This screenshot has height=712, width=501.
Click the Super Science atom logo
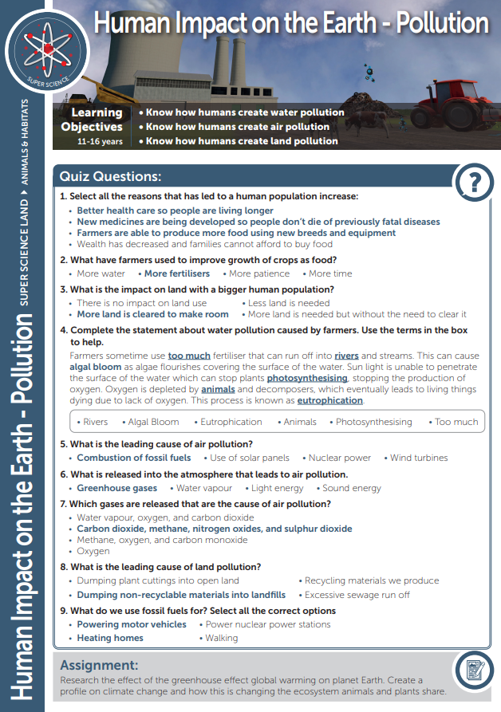[x=47, y=50]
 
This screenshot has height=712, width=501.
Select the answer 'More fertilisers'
[x=176, y=273]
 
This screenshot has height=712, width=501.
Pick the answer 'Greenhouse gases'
[x=116, y=488]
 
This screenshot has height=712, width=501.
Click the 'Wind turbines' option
[x=419, y=458]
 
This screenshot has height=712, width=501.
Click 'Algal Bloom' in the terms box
[x=153, y=422]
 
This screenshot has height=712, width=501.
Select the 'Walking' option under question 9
[x=221, y=638]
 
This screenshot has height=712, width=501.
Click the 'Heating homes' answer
[x=110, y=638]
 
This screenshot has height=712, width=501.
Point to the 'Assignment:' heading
[x=100, y=665]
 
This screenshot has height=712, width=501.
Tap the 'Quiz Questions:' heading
[x=111, y=176]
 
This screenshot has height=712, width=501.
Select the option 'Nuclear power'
[x=339, y=458]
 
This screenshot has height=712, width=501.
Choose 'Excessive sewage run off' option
[x=357, y=595]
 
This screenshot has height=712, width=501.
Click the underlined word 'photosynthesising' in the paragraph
[x=306, y=377]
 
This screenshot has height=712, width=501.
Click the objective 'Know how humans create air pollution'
[x=237, y=127]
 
